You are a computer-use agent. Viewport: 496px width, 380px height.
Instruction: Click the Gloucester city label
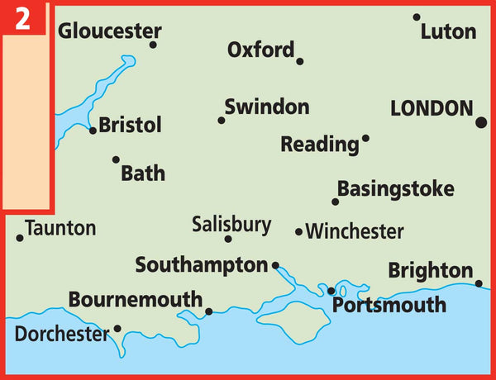109,32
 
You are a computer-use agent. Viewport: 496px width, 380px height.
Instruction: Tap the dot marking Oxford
299,61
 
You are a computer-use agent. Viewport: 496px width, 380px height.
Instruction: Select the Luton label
448,32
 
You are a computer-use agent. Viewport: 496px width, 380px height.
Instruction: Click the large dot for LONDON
481,122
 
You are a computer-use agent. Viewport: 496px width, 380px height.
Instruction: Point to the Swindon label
267,107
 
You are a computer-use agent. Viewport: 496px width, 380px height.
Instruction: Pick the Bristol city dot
93,130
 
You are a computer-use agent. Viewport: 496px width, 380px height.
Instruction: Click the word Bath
143,173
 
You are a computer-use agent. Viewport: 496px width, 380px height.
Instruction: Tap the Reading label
320,145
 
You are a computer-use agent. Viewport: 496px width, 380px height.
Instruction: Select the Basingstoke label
396,188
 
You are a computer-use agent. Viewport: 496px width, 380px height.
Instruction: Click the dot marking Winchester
299,232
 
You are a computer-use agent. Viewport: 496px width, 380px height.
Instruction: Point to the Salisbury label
231,224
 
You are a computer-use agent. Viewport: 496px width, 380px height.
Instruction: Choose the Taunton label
60,228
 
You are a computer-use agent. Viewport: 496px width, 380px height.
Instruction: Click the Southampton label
202,265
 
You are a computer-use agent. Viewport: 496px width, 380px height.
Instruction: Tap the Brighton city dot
479,283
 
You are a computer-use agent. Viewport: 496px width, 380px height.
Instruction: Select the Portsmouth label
389,306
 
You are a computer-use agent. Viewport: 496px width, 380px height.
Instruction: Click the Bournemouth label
136,300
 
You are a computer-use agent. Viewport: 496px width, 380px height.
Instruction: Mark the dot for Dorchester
117,328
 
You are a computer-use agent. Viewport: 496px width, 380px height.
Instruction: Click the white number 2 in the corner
23,19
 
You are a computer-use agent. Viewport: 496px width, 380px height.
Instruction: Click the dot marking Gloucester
153,45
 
